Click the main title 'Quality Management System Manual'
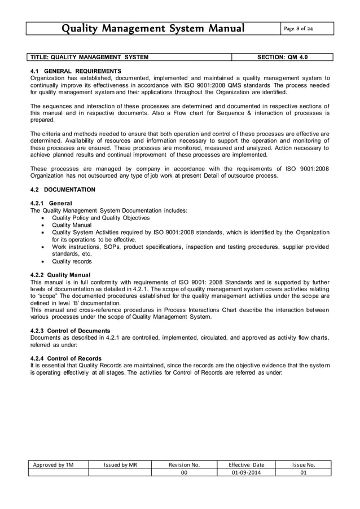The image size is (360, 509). click(153, 28)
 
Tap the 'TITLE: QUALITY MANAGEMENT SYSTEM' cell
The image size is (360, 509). click(89, 57)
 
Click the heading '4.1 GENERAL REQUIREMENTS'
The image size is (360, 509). click(75, 71)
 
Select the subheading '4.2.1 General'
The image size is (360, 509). click(54, 203)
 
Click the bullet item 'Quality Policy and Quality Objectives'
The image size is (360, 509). click(100, 217)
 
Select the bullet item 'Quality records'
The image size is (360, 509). click(72, 261)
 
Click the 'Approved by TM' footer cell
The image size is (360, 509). click(58, 464)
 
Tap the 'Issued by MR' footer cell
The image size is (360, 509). click(120, 464)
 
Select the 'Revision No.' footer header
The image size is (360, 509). click(184, 464)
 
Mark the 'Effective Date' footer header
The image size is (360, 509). click(246, 464)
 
